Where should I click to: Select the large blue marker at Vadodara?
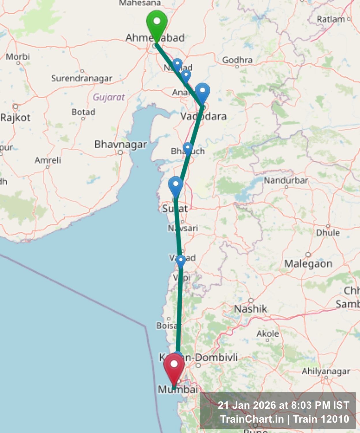tap(202, 92)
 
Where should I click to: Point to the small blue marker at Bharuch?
tap(188, 148)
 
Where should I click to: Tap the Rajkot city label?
tap(15, 118)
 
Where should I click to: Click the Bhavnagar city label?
tap(121, 144)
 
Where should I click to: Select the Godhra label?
tap(237, 60)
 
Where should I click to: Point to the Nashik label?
tap(250, 309)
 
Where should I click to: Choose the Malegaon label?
tap(308, 264)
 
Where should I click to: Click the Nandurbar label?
tap(286, 181)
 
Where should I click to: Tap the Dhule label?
tap(328, 233)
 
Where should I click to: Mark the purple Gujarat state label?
tap(109, 97)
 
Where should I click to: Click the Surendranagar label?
tap(82, 78)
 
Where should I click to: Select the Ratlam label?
tap(331, 19)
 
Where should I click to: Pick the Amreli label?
tap(48, 160)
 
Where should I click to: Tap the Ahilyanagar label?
tap(326, 371)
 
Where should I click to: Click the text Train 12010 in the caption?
tap(321, 419)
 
